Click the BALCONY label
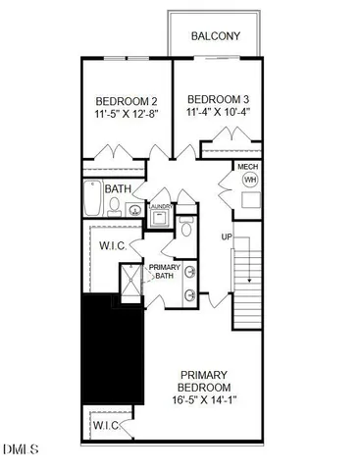pyautogui.click(x=215, y=35)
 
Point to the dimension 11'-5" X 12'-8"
pyautogui.click(x=127, y=116)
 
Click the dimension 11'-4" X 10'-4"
pyautogui.click(x=219, y=114)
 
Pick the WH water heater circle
pyautogui.click(x=249, y=182)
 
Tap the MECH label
pyautogui.click(x=249, y=168)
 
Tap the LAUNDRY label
pyautogui.click(x=161, y=207)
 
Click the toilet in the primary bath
pyautogui.click(x=186, y=229)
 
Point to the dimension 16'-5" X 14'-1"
pyautogui.click(x=204, y=399)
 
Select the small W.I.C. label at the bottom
pyautogui.click(x=105, y=426)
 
